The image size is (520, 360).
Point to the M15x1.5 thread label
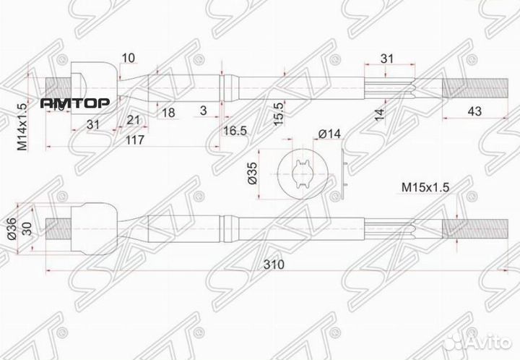[x=426, y=187]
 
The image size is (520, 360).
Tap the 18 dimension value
[x=168, y=113]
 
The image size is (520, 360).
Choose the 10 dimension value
[x=130, y=58]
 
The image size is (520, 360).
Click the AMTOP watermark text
[x=74, y=103]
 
